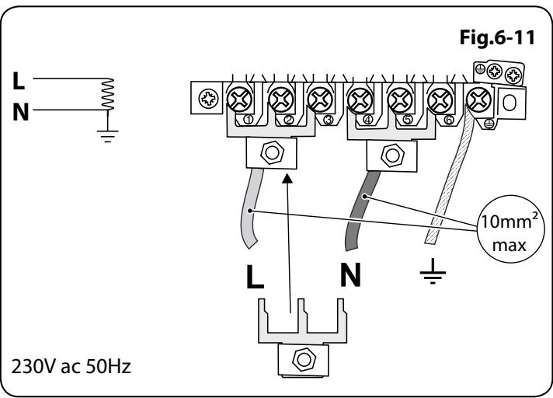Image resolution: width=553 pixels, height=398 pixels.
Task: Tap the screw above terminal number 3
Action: (318, 99)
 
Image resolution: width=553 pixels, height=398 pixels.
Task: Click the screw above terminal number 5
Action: (400, 99)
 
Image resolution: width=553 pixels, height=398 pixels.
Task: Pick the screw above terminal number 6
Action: (440, 99)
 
